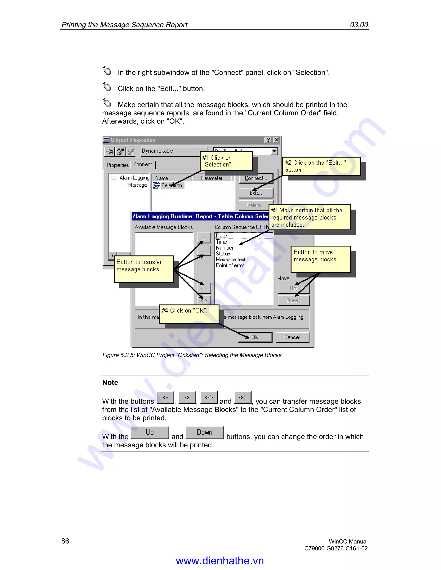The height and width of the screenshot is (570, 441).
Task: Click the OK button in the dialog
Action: coord(255,337)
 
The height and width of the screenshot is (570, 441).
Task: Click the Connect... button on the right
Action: coord(256,178)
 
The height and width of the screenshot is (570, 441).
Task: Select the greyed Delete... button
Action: coord(256,205)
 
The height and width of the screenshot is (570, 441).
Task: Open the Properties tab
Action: coord(118,165)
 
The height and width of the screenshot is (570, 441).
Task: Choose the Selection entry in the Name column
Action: coord(172,185)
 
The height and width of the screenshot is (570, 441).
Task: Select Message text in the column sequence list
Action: coord(230,259)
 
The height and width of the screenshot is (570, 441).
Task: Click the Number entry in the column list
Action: coord(224,248)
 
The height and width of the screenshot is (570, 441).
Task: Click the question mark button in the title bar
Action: coord(268,140)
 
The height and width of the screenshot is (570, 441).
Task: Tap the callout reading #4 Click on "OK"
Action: coord(189,314)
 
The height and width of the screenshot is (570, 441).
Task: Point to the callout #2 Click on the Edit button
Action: coord(321,166)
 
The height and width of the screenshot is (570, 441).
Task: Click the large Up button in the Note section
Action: coord(150,433)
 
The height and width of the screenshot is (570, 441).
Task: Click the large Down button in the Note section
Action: coord(205,433)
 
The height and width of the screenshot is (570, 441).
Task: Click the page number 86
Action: coord(65,541)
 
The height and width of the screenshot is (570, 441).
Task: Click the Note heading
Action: coord(110,382)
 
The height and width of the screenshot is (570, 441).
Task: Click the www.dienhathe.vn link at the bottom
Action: coord(220,561)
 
